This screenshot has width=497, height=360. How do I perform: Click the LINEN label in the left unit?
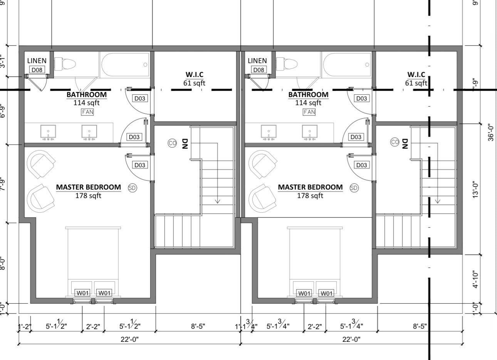click(x=37, y=61)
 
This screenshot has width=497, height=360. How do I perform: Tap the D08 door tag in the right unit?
click(x=258, y=70)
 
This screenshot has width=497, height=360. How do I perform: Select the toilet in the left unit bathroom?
click(x=64, y=64)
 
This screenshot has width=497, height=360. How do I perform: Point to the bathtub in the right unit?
click(x=347, y=64)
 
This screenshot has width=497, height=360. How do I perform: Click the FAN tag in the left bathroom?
click(x=87, y=112)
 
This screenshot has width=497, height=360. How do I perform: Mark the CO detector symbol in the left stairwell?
click(x=172, y=143)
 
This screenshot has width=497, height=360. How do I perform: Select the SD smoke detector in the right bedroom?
click(x=354, y=188)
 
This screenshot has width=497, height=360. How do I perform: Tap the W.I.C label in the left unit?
click(x=195, y=74)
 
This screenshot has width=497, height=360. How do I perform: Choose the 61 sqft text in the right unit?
click(x=416, y=83)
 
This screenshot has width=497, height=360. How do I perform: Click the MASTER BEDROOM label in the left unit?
click(x=89, y=187)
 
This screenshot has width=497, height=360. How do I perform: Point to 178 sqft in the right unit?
click(x=310, y=196)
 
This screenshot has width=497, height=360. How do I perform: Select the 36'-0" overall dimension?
click(x=491, y=132)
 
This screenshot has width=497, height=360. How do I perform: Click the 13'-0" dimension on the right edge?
click(x=476, y=190)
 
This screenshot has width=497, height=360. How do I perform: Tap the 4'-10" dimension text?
click(x=476, y=279)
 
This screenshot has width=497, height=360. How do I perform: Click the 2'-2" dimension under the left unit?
click(x=93, y=327)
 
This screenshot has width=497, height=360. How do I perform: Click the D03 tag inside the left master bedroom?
click(x=139, y=165)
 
